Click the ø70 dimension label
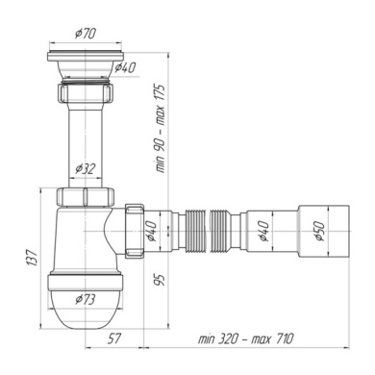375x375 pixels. coord(86,33)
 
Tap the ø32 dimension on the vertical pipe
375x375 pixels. coord(86,169)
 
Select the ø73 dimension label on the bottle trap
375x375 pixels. coord(86,299)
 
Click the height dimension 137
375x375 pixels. coord(34,259)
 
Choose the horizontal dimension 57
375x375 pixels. coord(113,338)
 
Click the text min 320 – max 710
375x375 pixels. coord(245,338)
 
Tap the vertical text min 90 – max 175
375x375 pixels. coord(161,129)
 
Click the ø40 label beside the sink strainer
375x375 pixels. coord(125,67)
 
